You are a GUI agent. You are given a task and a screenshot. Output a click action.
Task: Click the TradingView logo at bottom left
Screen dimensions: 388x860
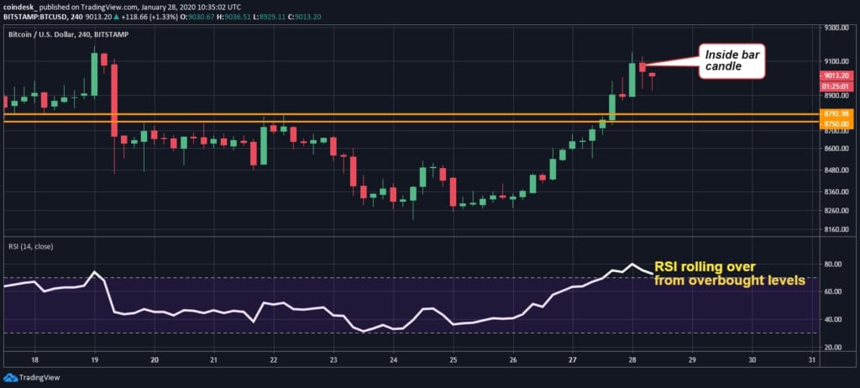tap(34, 378)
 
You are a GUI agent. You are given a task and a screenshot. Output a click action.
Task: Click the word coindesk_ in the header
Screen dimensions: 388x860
tap(21, 6)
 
